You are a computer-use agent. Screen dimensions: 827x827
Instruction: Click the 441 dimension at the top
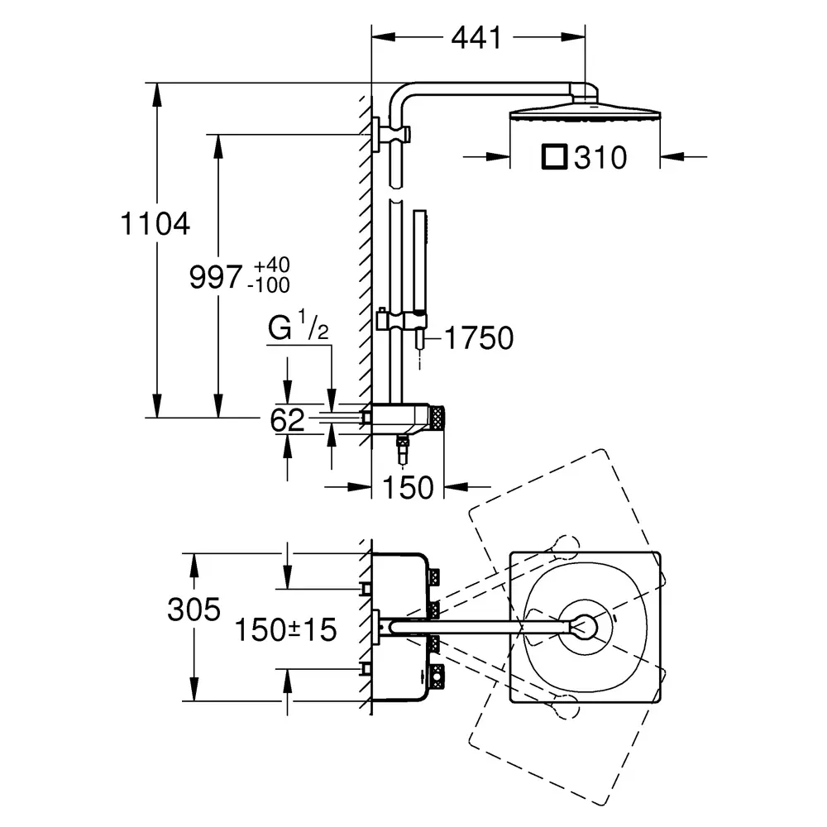pos(476,38)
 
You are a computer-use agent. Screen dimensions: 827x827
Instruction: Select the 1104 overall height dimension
pos(155,223)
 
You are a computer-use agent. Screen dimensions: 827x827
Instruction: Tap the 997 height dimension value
pos(216,276)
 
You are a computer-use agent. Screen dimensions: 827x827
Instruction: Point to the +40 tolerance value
pos(271,265)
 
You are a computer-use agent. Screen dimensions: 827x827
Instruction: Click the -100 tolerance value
pos(269,285)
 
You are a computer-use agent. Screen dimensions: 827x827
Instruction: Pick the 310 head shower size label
pos(600,157)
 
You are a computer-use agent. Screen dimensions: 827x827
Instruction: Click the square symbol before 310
pos(554,156)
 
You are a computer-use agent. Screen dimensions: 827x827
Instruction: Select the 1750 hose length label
pos(479,337)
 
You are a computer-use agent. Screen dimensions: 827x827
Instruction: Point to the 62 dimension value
pos(288,420)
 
